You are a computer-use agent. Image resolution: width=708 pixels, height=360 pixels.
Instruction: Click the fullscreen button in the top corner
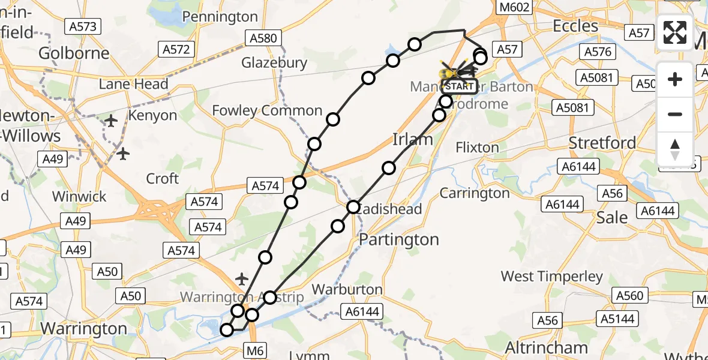(x=675, y=32)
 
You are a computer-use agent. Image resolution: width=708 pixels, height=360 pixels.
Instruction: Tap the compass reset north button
(x=675, y=149)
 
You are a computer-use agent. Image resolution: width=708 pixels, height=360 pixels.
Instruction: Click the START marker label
(x=460, y=86)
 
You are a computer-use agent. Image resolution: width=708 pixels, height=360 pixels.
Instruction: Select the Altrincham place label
(x=546, y=347)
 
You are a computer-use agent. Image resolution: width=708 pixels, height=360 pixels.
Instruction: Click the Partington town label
(x=398, y=239)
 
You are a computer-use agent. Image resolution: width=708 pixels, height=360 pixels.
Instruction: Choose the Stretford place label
(x=602, y=143)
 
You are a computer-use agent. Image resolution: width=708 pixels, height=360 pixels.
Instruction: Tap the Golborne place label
(x=74, y=53)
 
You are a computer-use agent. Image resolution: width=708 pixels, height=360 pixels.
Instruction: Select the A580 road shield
(x=262, y=38)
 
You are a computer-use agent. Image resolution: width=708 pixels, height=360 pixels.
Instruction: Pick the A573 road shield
(x=82, y=26)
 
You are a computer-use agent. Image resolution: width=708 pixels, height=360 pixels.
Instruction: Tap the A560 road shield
(x=629, y=295)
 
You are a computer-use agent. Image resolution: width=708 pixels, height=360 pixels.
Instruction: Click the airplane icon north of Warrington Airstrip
(x=242, y=279)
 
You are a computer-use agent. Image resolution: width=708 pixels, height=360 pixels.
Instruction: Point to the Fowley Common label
(x=267, y=110)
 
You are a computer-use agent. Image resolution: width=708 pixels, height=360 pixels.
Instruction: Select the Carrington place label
(x=475, y=193)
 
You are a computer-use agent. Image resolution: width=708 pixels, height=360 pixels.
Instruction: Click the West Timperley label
(x=552, y=276)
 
